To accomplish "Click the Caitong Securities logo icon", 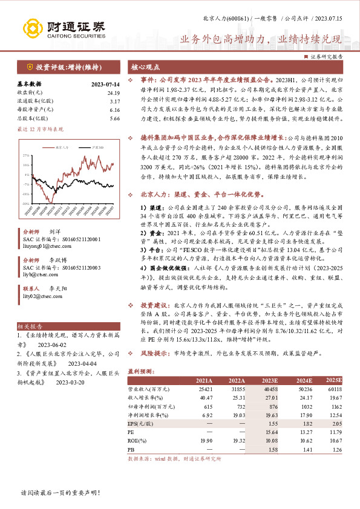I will (34, 28).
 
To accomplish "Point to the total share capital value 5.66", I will (114, 119).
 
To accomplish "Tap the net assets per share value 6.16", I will (114, 111).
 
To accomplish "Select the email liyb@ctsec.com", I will (42, 273).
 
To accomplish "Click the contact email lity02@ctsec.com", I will (44, 296).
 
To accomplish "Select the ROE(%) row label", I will (140, 442).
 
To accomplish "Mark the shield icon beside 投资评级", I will (30, 66).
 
